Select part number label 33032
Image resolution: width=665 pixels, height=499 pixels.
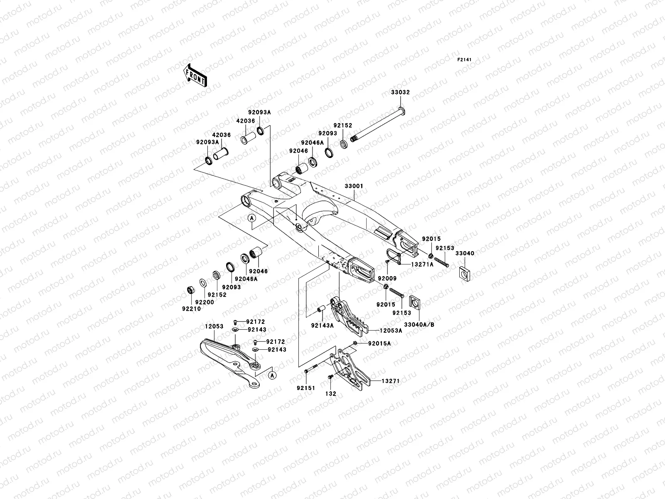point(400,92)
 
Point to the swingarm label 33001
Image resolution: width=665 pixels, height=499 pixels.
point(353,186)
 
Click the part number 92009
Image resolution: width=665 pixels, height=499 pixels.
point(387,278)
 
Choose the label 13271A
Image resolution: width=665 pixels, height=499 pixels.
point(422,264)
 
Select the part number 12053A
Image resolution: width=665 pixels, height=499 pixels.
point(391,331)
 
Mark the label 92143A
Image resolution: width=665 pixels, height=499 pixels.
point(322,326)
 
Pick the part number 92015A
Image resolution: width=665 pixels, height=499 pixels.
point(379,343)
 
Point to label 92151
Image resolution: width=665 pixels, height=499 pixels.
point(306,388)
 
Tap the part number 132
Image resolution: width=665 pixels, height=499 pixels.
point(331,393)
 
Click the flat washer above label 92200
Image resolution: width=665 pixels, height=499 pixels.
point(203,283)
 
